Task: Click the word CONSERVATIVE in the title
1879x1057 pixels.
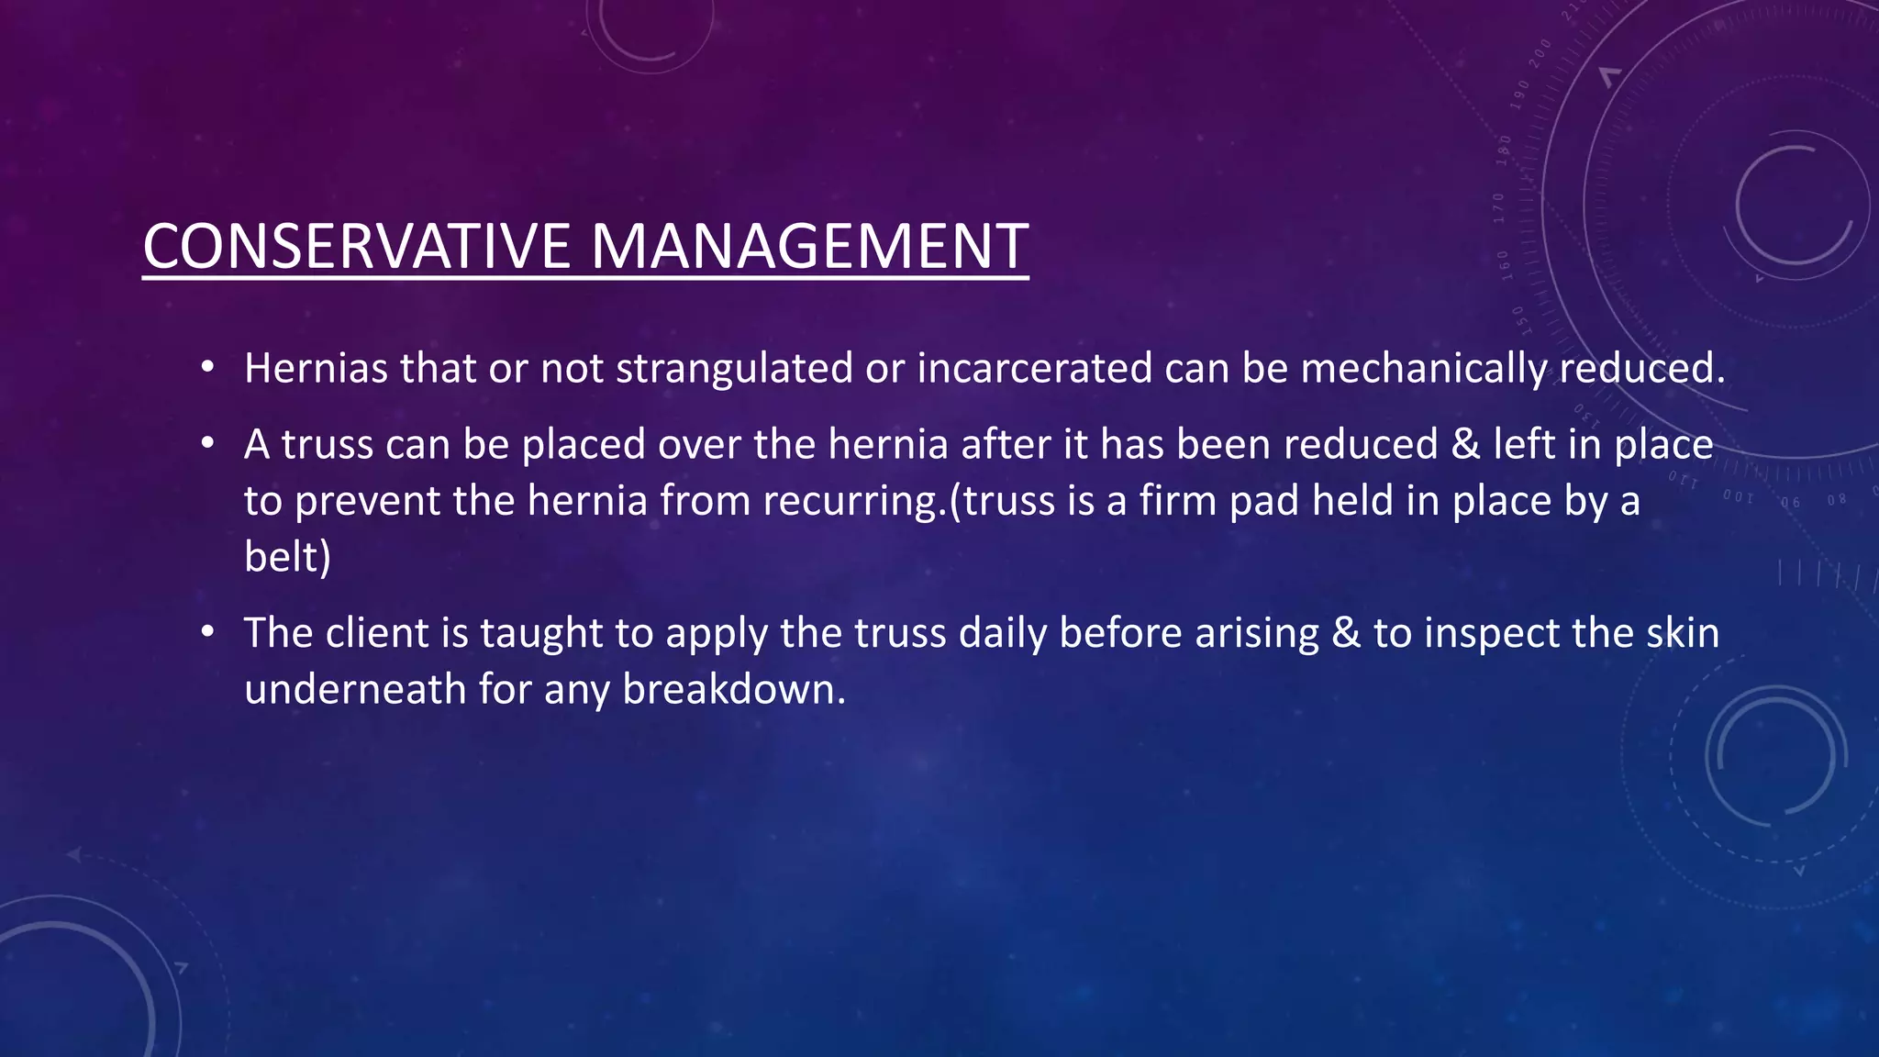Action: (356, 247)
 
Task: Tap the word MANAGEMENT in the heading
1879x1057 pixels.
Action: (808, 247)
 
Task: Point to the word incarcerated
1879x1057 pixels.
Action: (1034, 369)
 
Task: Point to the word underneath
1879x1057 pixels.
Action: (355, 690)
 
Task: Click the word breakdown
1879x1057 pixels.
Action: (733, 690)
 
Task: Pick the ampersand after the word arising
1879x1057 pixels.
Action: (1345, 634)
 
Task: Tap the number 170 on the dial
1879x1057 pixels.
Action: (1498, 208)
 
